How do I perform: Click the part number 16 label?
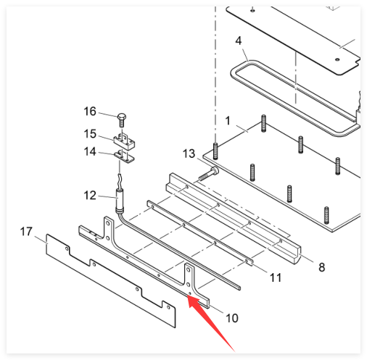pos(90,112)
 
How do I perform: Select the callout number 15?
pos(90,134)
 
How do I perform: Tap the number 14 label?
pos(90,151)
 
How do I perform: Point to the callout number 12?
pos(90,196)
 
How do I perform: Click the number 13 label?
pos(189,154)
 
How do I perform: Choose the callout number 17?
pos(26,232)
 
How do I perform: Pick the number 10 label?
pos(232,318)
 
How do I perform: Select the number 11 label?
pos(276,278)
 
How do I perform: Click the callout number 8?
pos(322,267)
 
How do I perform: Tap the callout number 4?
pos(239,41)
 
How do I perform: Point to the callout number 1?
pos(228,121)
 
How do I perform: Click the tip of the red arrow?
pos(189,296)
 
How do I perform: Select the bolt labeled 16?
pos(122,120)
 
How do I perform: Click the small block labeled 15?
pos(124,142)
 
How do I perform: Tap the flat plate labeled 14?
pos(124,156)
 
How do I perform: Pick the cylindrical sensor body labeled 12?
pos(120,201)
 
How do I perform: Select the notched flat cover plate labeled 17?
pos(111,281)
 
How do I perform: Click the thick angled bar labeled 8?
pos(234,219)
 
